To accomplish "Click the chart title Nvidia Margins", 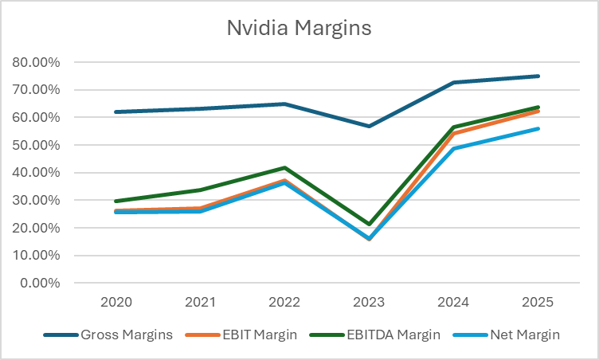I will (299, 29).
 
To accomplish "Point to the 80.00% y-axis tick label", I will (38, 62).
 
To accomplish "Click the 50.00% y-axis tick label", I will (38, 145).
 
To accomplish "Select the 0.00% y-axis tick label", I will (41, 283).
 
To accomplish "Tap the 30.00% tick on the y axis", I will (38, 200).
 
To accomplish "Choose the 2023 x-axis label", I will (369, 303).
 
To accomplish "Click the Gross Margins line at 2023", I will (369, 126).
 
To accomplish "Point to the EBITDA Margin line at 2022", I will (284, 167).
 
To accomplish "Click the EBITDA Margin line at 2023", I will (369, 225).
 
